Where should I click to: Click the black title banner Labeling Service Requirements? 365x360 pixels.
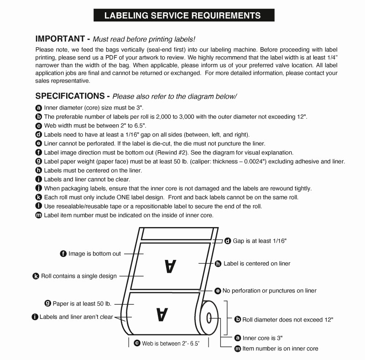click(182, 15)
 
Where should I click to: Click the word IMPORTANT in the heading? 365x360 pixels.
click(60, 39)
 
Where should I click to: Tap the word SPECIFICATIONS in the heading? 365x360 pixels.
click(70, 96)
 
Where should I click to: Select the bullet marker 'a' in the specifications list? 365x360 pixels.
click(39, 108)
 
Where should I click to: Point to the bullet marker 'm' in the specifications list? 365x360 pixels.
click(39, 215)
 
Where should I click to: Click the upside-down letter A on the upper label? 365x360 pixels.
click(170, 266)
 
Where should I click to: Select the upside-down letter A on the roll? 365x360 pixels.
click(162, 314)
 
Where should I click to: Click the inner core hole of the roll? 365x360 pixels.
click(209, 317)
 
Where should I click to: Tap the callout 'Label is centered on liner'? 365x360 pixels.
click(256, 264)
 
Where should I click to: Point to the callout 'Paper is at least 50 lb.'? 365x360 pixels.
click(82, 303)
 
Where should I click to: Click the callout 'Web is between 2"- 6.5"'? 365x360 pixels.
click(170, 343)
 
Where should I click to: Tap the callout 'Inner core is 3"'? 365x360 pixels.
click(262, 338)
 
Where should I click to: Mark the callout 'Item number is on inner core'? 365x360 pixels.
click(280, 348)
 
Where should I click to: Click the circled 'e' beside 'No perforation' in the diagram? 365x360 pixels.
click(218, 291)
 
